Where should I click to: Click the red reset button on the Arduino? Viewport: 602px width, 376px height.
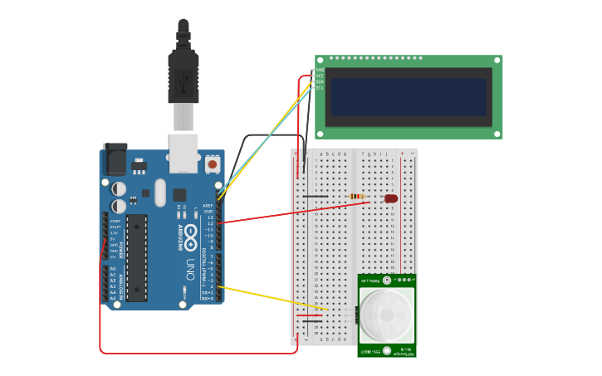tap(213, 164)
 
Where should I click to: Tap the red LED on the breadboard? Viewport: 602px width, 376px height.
tap(390, 198)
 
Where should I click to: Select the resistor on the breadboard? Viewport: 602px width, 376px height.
tap(357, 197)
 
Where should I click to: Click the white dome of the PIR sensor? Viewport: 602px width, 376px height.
tap(386, 315)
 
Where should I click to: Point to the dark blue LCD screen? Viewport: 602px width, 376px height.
tap(408, 97)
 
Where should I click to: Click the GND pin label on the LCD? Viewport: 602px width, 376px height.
tap(320, 70)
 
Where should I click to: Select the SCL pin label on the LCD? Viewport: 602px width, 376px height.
tap(320, 87)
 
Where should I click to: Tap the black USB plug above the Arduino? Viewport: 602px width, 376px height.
tap(183, 75)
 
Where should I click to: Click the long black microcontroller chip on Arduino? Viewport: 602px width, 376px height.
tap(136, 257)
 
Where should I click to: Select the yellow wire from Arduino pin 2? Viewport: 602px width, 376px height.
tap(274, 298)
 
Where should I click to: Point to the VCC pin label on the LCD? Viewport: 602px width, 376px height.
tap(320, 76)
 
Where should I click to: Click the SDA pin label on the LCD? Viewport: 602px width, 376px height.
tap(320, 81)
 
